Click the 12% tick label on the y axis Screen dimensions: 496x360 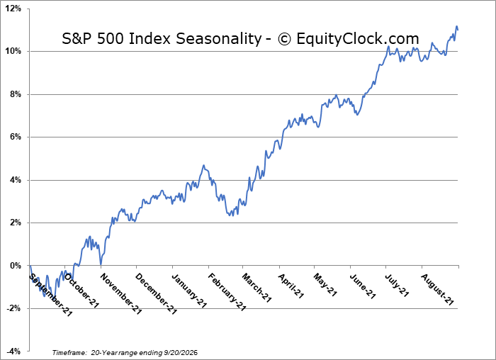click(x=13, y=9)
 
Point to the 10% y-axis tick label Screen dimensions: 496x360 click(x=13, y=51)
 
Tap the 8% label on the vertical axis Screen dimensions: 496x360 click(x=15, y=94)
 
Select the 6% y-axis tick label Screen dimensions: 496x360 click(x=15, y=137)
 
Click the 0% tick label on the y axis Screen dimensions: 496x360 click(x=15, y=266)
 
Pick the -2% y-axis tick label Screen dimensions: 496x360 click(x=14, y=308)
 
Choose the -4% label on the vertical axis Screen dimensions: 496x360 click(x=14, y=351)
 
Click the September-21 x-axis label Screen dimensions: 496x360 click(x=50, y=295)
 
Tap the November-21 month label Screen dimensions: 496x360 click(x=121, y=294)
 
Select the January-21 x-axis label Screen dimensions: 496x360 click(x=189, y=291)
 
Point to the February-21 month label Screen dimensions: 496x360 click(x=227, y=292)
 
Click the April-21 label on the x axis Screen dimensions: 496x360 click(x=291, y=286)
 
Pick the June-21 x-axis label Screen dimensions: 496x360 click(x=363, y=286)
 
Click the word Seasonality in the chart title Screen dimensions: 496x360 click(x=218, y=39)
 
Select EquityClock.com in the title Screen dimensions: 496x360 click(x=358, y=38)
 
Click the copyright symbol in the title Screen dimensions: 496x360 click(x=284, y=39)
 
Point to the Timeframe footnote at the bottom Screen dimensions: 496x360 click(x=125, y=352)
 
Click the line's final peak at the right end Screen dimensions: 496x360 click(x=456, y=26)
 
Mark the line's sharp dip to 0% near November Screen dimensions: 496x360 click(x=101, y=264)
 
